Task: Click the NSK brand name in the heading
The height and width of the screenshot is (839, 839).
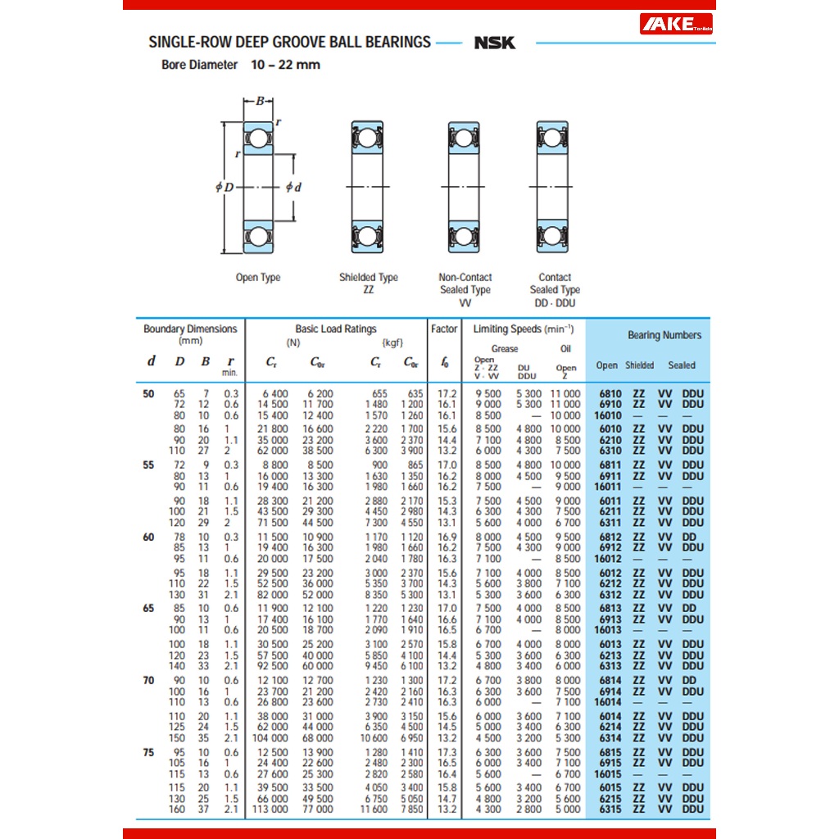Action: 494,43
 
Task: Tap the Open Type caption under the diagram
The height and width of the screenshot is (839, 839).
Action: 258,278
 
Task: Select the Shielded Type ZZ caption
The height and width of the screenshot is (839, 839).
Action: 368,283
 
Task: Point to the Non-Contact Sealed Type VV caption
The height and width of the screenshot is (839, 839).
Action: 465,289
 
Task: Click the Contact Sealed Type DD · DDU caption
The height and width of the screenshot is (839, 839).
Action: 554,289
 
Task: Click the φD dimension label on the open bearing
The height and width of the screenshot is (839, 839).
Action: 224,187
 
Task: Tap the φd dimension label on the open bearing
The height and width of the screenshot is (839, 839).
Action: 293,187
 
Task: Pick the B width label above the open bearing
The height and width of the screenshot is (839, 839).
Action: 260,102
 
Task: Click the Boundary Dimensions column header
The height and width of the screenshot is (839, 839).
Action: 190,333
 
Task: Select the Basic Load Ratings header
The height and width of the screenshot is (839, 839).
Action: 336,329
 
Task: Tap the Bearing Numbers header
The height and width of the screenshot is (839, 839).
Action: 664,335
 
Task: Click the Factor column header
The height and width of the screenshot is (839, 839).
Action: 444,329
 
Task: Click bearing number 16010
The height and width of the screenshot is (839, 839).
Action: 608,415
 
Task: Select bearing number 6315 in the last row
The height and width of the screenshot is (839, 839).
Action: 610,810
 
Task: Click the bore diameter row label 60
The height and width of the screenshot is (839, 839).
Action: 148,537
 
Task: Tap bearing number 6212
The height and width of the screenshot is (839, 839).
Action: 610,584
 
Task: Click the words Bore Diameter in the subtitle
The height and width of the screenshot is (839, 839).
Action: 200,65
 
